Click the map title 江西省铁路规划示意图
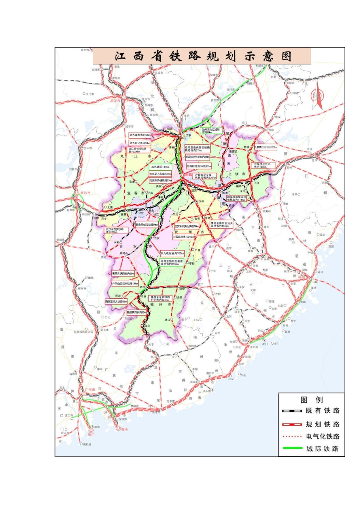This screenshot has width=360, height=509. [x=203, y=56]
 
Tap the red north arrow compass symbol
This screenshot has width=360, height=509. [x=317, y=98]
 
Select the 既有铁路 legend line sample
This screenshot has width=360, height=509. [x=292, y=411]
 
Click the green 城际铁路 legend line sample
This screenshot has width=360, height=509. [x=292, y=449]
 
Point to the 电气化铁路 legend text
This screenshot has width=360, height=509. [x=323, y=437]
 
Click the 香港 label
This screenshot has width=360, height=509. [x=124, y=429]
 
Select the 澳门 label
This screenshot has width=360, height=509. [x=91, y=435]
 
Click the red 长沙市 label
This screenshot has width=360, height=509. [x=85, y=193]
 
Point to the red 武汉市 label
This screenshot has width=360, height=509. [x=115, y=101]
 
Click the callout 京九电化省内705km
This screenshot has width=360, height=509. [x=172, y=253]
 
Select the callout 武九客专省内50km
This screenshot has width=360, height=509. [x=140, y=135]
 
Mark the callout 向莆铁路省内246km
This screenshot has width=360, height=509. [x=183, y=237]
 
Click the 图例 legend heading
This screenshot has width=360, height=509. [x=311, y=400]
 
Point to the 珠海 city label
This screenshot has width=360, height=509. [x=96, y=427]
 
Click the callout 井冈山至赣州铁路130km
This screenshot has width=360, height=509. [x=125, y=283]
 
